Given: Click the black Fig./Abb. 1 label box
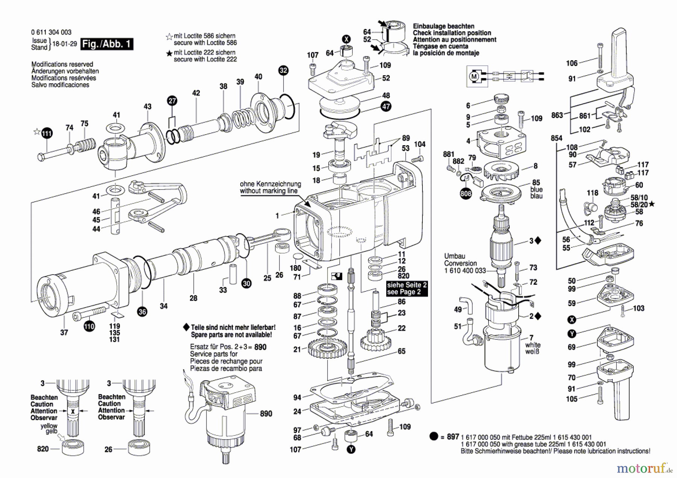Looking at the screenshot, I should click(107, 44).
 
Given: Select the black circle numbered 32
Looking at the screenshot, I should click(283, 70).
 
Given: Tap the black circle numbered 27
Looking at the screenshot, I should click(172, 100).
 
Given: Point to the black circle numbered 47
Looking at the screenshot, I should click(386, 106).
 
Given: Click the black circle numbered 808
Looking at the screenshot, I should click(466, 194).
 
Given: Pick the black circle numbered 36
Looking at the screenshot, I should click(142, 311).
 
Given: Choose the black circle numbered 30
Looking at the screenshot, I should click(246, 284).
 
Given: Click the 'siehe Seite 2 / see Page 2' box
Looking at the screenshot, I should click(407, 288).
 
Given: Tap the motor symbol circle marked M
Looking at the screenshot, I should click(474, 77).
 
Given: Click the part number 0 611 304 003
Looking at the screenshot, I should click(51, 32).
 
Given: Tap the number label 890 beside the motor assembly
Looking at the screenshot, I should click(266, 414).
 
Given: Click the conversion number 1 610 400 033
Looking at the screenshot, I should click(465, 270).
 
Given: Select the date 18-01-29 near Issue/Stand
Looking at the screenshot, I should click(64, 44).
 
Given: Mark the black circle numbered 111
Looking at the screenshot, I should click(47, 133).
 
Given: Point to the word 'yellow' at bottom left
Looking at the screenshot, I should click(49, 426).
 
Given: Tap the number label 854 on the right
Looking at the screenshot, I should click(556, 138).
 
